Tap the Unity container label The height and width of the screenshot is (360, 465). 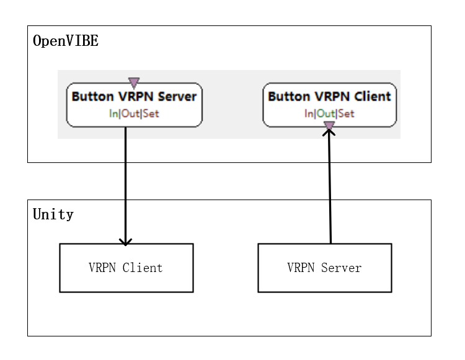(x=53, y=214)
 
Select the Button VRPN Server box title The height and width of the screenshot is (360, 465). (x=134, y=97)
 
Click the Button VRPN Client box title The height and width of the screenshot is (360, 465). (x=329, y=97)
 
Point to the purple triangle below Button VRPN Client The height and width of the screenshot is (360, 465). (x=329, y=126)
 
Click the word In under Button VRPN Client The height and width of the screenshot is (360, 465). (x=308, y=113)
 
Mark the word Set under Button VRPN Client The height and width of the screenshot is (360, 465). (x=347, y=113)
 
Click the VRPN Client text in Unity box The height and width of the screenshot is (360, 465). (x=126, y=268)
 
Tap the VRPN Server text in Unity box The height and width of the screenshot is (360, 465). (x=324, y=268)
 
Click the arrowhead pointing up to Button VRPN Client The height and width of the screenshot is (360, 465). (x=329, y=133)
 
